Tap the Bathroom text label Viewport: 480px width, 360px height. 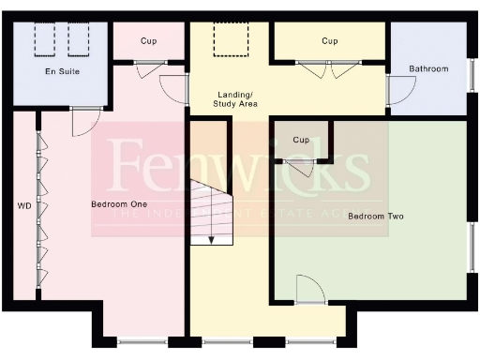pos(428,69)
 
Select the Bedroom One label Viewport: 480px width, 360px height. pos(117,204)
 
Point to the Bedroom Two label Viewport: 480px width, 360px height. pos(375,217)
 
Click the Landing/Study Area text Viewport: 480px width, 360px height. pos(237,99)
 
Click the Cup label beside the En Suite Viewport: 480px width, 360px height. pos(148,41)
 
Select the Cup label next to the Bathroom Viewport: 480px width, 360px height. pos(329,41)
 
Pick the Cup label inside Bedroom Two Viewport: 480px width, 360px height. pos(301,140)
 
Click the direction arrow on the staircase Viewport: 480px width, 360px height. pos(211,237)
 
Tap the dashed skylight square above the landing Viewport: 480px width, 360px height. pos(228,39)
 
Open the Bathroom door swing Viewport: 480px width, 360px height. pos(402,90)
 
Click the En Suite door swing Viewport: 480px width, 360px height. pos(85,121)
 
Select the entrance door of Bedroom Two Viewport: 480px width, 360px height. pos(309,289)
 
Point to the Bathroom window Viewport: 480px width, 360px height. pos(472,68)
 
